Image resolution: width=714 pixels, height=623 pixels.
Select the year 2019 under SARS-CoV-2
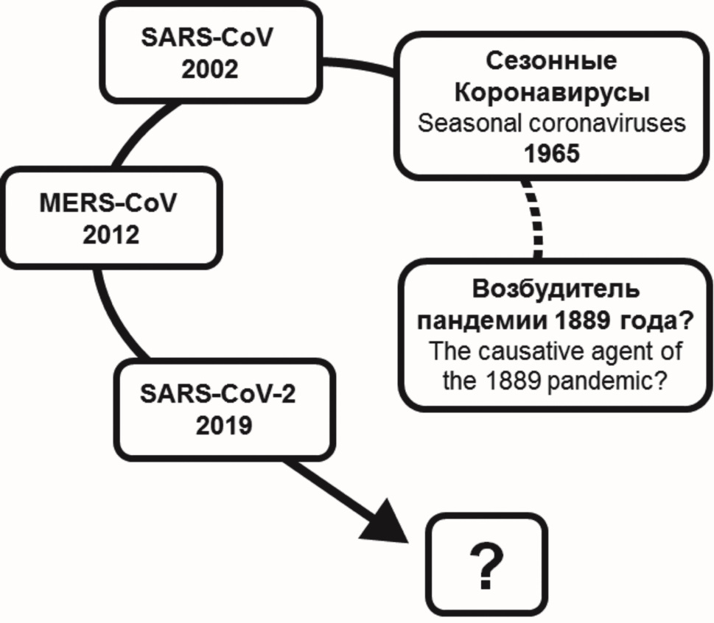(x=223, y=425)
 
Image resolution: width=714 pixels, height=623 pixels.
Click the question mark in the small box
(x=487, y=567)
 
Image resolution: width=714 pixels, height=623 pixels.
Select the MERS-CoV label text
(x=108, y=203)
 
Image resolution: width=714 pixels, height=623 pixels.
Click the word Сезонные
(x=552, y=60)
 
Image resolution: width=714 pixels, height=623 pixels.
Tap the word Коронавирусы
(x=552, y=93)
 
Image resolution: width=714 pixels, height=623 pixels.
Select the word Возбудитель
(x=556, y=288)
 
